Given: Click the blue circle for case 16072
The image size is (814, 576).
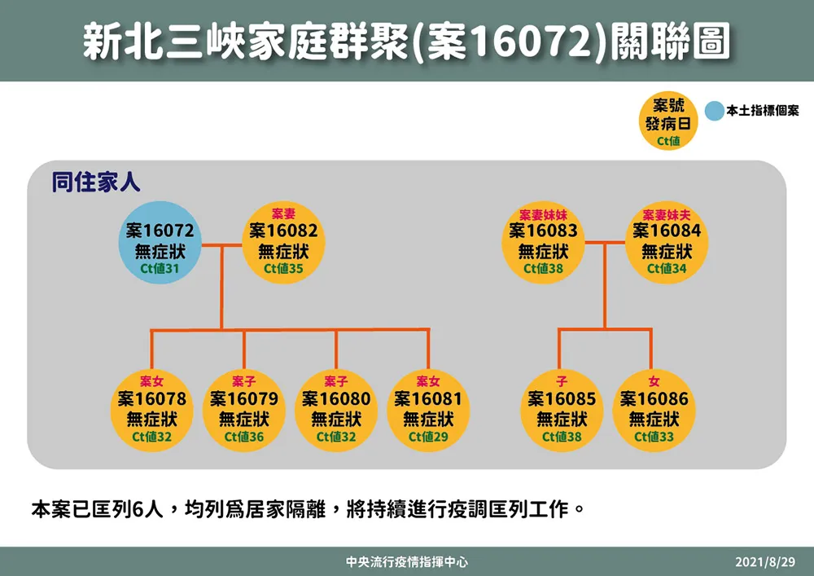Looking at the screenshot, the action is coord(160,243).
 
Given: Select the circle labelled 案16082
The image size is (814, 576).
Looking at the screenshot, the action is coord(283,243).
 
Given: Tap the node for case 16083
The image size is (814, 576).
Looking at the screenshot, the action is coord(543,243).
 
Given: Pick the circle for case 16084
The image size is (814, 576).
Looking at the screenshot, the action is coord(667,243).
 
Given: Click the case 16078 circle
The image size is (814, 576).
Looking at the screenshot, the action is coord(151,411).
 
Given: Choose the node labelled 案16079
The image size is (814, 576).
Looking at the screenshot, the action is coord(244,411).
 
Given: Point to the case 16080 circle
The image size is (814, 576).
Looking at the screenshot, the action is coord(336,411).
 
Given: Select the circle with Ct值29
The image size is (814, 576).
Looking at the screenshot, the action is coord(428,411).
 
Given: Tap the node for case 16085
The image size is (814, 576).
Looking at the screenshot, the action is coord(562,411).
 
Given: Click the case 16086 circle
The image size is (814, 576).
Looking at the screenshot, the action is coord(654,411).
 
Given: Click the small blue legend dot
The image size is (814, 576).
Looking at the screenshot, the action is coord(715,111).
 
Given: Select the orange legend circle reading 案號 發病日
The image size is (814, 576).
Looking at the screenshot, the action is coord(668,121).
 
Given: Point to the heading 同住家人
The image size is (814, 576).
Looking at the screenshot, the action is coord(96,182).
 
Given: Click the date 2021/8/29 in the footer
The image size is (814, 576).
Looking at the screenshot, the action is coord(764,561).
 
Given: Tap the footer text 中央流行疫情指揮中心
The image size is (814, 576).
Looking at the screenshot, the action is coord(407,562).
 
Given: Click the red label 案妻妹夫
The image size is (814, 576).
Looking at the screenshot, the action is coord(667,215).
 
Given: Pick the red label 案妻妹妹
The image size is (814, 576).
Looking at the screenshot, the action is coord(543,215).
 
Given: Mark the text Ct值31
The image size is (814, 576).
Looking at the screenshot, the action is coord(160,269).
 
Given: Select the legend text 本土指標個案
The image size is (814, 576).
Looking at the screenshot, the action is coord(763,111).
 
